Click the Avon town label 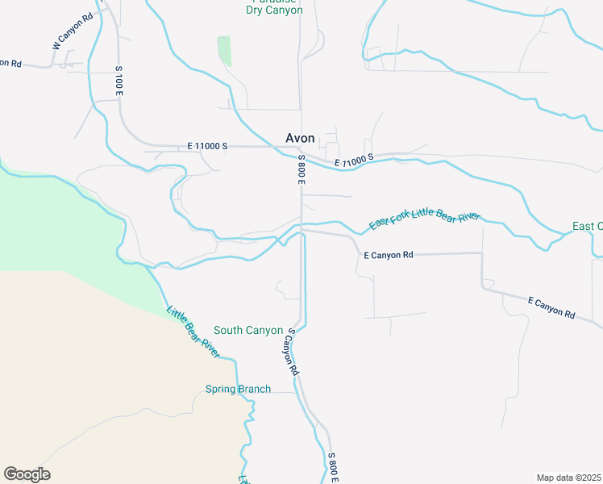point(300,138)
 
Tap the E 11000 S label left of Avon point(208,146)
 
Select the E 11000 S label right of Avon point(356,162)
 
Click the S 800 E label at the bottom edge point(332,468)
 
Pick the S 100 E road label point(119,81)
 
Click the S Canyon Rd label point(291,352)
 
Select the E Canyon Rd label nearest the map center point(389,255)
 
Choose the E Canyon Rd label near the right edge point(551,307)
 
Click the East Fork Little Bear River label point(425,219)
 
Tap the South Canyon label point(248,331)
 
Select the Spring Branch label point(238,389)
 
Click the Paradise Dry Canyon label point(274,6)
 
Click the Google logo point(27,474)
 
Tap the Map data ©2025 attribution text point(568,478)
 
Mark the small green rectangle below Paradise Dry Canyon point(224,51)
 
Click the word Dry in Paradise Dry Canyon point(256,10)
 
